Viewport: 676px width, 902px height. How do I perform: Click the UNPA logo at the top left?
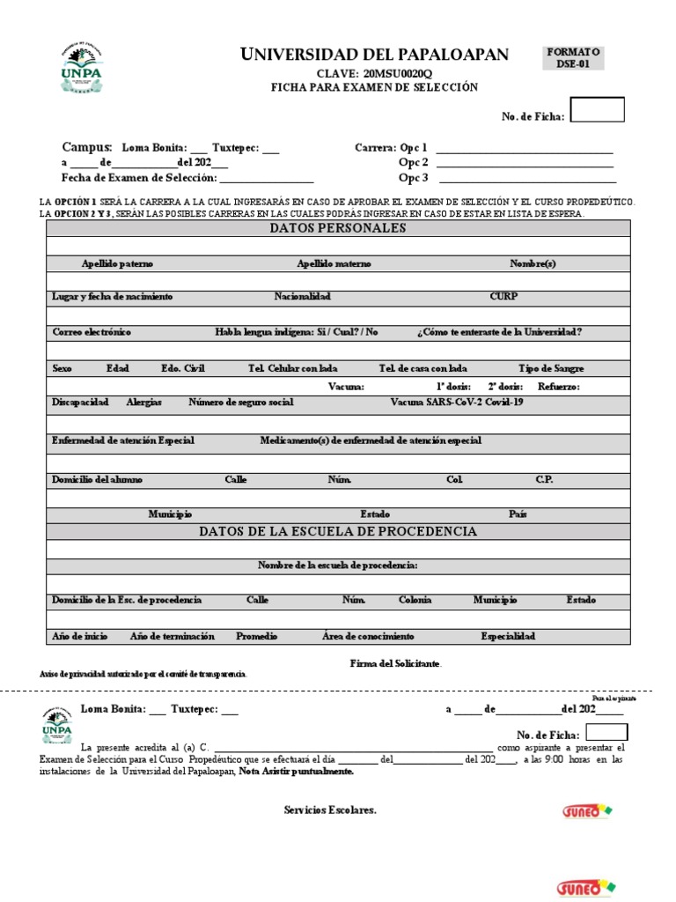(81, 69)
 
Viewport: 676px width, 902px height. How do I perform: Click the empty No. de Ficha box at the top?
(598, 110)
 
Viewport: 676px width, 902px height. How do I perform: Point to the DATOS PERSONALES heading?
(337, 228)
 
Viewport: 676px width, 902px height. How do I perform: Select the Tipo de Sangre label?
(551, 368)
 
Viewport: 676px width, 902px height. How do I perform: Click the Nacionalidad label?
(302, 297)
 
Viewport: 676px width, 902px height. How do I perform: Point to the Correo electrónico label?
(92, 332)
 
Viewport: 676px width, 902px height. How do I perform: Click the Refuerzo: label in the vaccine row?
(559, 386)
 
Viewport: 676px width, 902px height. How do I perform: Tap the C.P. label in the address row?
(544, 480)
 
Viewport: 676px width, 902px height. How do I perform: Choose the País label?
(518, 514)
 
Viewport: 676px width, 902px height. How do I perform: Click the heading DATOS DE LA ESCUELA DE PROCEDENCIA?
(337, 531)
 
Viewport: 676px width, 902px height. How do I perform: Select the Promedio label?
(256, 636)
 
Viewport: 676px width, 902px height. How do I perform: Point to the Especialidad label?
(507, 636)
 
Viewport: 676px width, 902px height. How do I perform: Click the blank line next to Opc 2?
(524, 163)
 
